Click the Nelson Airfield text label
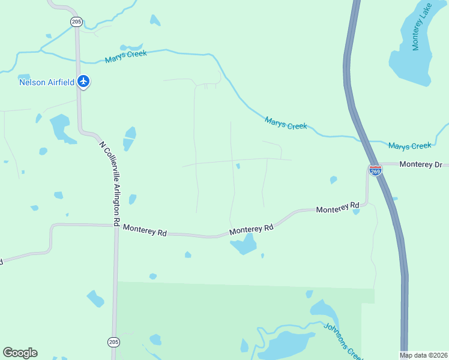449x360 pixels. coord(47,82)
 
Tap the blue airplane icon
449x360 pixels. coord(83,82)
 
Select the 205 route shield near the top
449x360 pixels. coord(76,22)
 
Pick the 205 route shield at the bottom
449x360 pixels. coord(113,341)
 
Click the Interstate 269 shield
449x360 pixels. coord(375,171)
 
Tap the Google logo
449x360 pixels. coord(20,353)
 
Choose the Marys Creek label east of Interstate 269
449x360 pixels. coord(409,146)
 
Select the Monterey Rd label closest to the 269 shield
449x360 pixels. coord(337,208)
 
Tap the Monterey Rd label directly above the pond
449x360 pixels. coord(252,229)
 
